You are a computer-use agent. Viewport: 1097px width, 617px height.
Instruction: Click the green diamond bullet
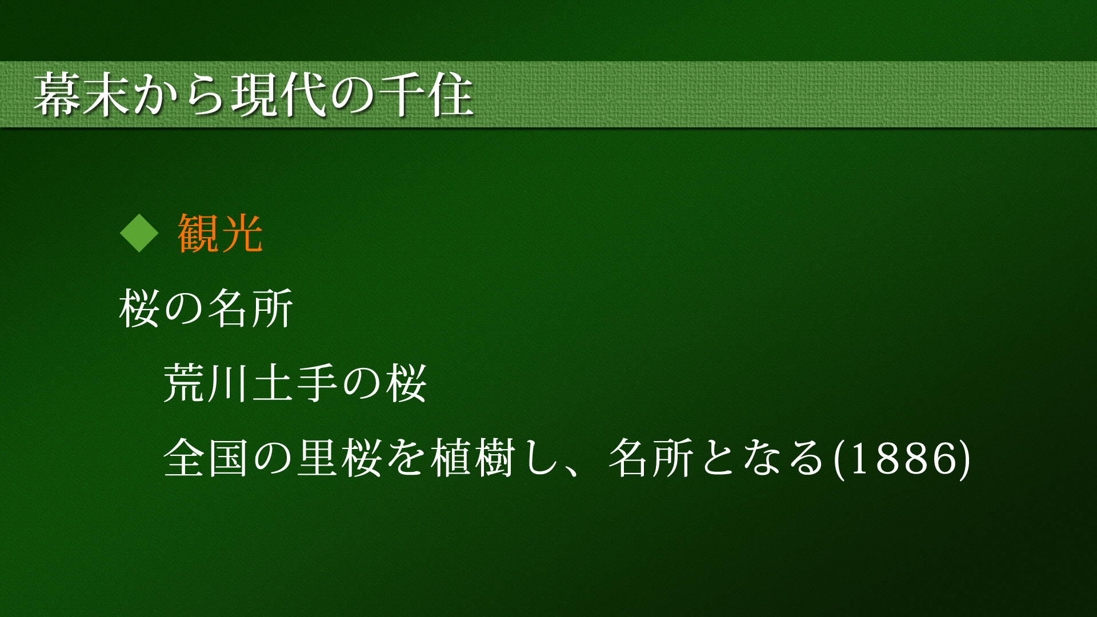(x=139, y=233)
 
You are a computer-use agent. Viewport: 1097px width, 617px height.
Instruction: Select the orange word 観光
(x=220, y=233)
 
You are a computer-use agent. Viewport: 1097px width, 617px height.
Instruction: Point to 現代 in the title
(x=279, y=95)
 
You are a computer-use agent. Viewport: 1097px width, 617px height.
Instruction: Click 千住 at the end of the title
(x=426, y=95)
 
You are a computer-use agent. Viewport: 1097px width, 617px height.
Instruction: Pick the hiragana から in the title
(x=180, y=95)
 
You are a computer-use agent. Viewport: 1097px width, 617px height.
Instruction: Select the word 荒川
(x=207, y=383)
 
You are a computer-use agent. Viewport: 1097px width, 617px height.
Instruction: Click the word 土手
(x=296, y=383)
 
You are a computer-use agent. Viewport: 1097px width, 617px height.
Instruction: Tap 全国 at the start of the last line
(x=207, y=458)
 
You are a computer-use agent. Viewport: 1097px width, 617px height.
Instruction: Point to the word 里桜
(x=341, y=458)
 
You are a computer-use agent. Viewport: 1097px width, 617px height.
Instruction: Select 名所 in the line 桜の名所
(x=251, y=308)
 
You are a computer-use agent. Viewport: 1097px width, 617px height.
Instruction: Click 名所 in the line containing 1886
(x=651, y=458)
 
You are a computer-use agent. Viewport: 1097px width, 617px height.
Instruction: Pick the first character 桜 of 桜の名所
(x=139, y=308)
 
